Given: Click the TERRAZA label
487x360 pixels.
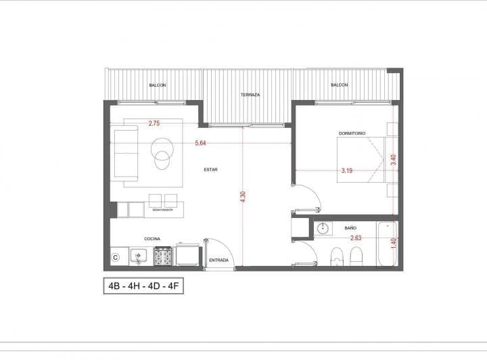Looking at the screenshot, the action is coord(250,95).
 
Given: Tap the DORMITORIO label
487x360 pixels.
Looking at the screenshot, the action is coord(352,133).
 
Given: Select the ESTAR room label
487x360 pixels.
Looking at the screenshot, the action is coord(210,170).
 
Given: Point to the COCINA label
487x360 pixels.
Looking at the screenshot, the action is coord(152,239).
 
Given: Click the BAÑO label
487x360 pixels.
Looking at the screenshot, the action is coord(350,228).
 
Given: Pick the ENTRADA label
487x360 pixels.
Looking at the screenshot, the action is coord(218,261).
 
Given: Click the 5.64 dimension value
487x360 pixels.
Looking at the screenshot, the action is coord(200,143).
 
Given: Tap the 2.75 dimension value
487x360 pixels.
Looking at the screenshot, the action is coord(154,123).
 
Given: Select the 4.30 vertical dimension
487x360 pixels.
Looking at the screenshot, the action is coord(243,197).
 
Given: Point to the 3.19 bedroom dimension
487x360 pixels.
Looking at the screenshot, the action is coord(346,171).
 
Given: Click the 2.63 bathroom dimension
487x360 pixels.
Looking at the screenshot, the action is coord(356,238).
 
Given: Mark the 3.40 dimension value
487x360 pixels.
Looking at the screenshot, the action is coord(394,160).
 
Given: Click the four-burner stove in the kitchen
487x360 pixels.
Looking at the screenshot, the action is coord(163,256).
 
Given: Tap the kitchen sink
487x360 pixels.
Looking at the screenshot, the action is coord(139,256).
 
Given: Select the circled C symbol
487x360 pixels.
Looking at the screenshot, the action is coord(116,258).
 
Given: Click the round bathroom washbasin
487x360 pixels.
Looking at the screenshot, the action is coord(323,229).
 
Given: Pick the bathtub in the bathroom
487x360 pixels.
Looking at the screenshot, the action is coord(387,244).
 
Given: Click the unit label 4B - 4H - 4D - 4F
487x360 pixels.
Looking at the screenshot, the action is coord(143,286).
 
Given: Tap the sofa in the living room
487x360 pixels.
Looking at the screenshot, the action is coord(125,154).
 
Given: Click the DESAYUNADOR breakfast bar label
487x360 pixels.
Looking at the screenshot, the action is coord(162,210).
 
